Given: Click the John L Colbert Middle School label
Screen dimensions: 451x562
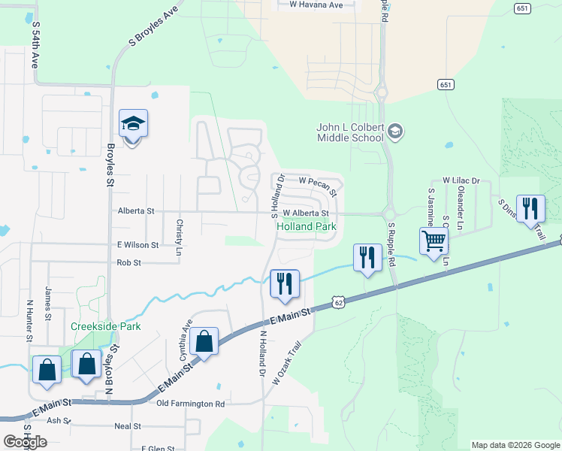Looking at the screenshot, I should point(351,132).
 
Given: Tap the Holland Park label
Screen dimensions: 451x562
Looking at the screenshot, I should point(307,226).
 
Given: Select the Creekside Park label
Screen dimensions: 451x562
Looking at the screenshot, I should point(105,326).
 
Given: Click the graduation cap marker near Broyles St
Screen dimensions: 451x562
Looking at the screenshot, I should point(133,124).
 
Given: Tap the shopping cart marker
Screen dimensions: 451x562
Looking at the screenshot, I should point(434,242).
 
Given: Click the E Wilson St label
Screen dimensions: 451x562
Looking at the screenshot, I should point(137,245).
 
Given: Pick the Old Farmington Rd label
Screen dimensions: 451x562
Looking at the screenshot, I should point(190,404).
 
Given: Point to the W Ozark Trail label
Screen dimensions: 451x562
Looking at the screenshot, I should point(287,364).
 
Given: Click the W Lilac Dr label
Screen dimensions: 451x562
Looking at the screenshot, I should point(461,181).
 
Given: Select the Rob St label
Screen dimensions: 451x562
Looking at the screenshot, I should point(128,263).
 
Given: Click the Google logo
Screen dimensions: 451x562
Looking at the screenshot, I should point(26,442).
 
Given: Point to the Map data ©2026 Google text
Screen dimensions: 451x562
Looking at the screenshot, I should point(515,445).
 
